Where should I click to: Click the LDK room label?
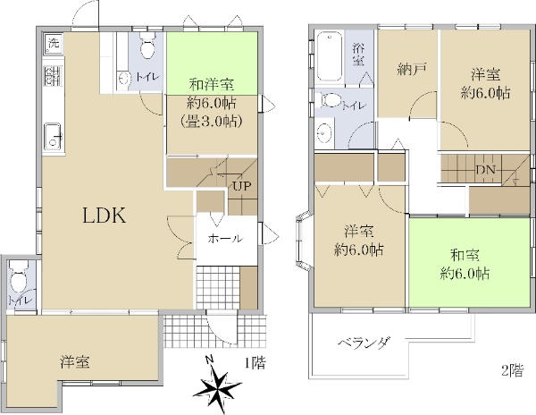[x=105, y=216]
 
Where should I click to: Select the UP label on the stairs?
[x=242, y=186]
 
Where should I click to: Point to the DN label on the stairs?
[x=486, y=170]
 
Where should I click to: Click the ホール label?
[x=225, y=239]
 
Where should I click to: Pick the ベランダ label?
[x=364, y=343]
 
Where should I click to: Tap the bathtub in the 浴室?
[x=329, y=56]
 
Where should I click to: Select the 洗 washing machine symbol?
[x=54, y=44]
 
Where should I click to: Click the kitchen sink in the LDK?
[x=53, y=137]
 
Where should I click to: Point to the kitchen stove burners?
[x=53, y=76]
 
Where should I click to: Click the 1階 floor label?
[x=255, y=362]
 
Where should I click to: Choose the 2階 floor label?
[x=512, y=370]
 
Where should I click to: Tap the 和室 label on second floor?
[x=465, y=255]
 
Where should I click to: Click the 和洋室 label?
[x=212, y=84]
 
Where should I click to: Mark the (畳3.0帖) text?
[x=212, y=121]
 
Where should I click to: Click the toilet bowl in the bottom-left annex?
[x=19, y=278]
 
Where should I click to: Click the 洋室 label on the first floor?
[x=75, y=362]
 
